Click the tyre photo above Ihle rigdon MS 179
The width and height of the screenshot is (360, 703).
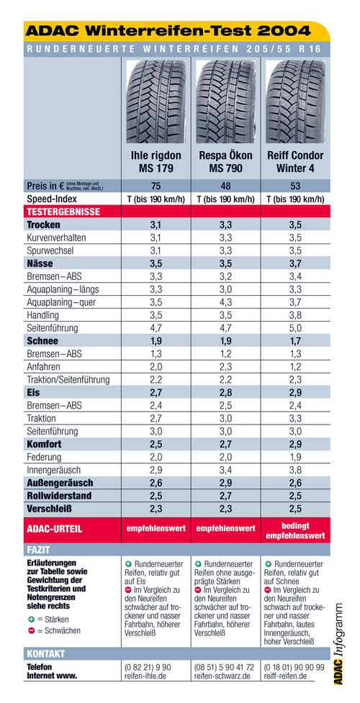156,101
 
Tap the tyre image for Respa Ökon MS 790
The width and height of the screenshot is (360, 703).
226,101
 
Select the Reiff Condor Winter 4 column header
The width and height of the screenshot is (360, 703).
295,162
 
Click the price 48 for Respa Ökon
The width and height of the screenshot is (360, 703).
226,186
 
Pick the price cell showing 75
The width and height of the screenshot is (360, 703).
156,186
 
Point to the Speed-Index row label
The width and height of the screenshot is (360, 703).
52,199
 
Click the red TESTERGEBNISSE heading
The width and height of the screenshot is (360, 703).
63,211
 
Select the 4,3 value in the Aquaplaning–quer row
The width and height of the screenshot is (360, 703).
226,302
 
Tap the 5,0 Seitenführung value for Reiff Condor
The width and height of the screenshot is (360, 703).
295,328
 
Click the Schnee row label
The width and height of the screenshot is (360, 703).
42,341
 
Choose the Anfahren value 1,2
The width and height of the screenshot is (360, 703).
295,367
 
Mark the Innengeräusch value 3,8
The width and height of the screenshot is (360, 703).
295,471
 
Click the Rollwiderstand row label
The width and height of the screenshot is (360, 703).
59,496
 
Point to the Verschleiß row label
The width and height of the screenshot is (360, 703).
50,509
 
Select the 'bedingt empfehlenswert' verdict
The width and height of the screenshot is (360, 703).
295,530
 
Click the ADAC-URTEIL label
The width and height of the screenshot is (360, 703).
55,529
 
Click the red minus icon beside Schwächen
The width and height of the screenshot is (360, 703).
30,631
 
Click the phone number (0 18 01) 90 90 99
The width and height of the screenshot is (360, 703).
294,667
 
